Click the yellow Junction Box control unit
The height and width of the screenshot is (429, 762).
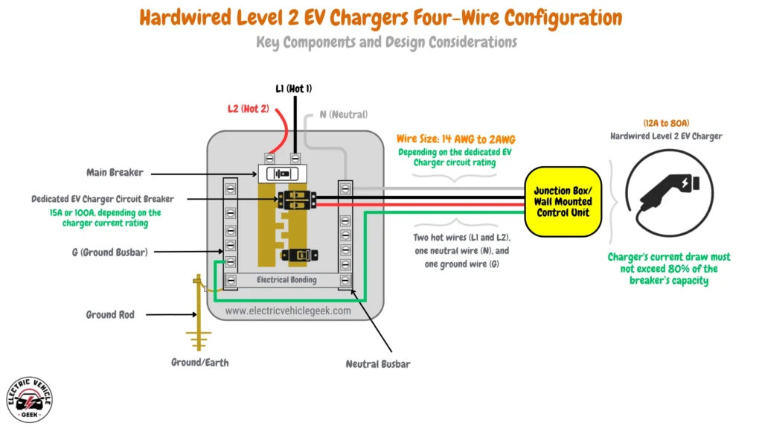563,202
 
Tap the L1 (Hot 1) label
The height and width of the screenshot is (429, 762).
294,89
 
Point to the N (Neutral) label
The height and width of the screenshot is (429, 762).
343,115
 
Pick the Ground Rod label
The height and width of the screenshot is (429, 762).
110,315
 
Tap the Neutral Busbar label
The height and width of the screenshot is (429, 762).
377,364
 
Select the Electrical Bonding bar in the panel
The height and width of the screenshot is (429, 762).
286,281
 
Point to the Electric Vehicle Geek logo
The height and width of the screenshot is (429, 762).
29,398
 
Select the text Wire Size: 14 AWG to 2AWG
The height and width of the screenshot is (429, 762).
455,139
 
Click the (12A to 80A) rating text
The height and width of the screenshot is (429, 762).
665,122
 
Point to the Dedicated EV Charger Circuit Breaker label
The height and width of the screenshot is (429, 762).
103,199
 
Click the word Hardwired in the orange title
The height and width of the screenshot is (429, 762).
189,16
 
